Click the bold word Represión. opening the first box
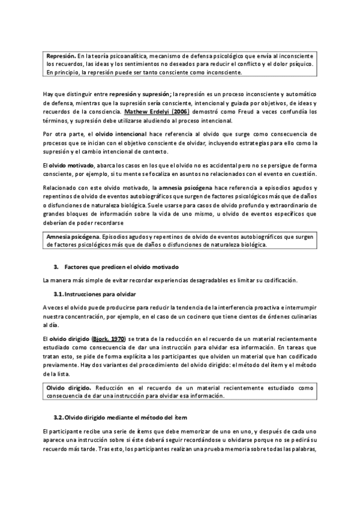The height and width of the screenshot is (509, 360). pyautogui.click(x=62, y=55)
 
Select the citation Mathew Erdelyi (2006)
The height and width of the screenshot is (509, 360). pyautogui.click(x=156, y=112)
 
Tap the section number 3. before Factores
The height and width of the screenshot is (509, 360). pyautogui.click(x=55, y=267)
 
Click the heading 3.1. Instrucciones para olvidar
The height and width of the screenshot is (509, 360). pyautogui.click(x=94, y=294)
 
